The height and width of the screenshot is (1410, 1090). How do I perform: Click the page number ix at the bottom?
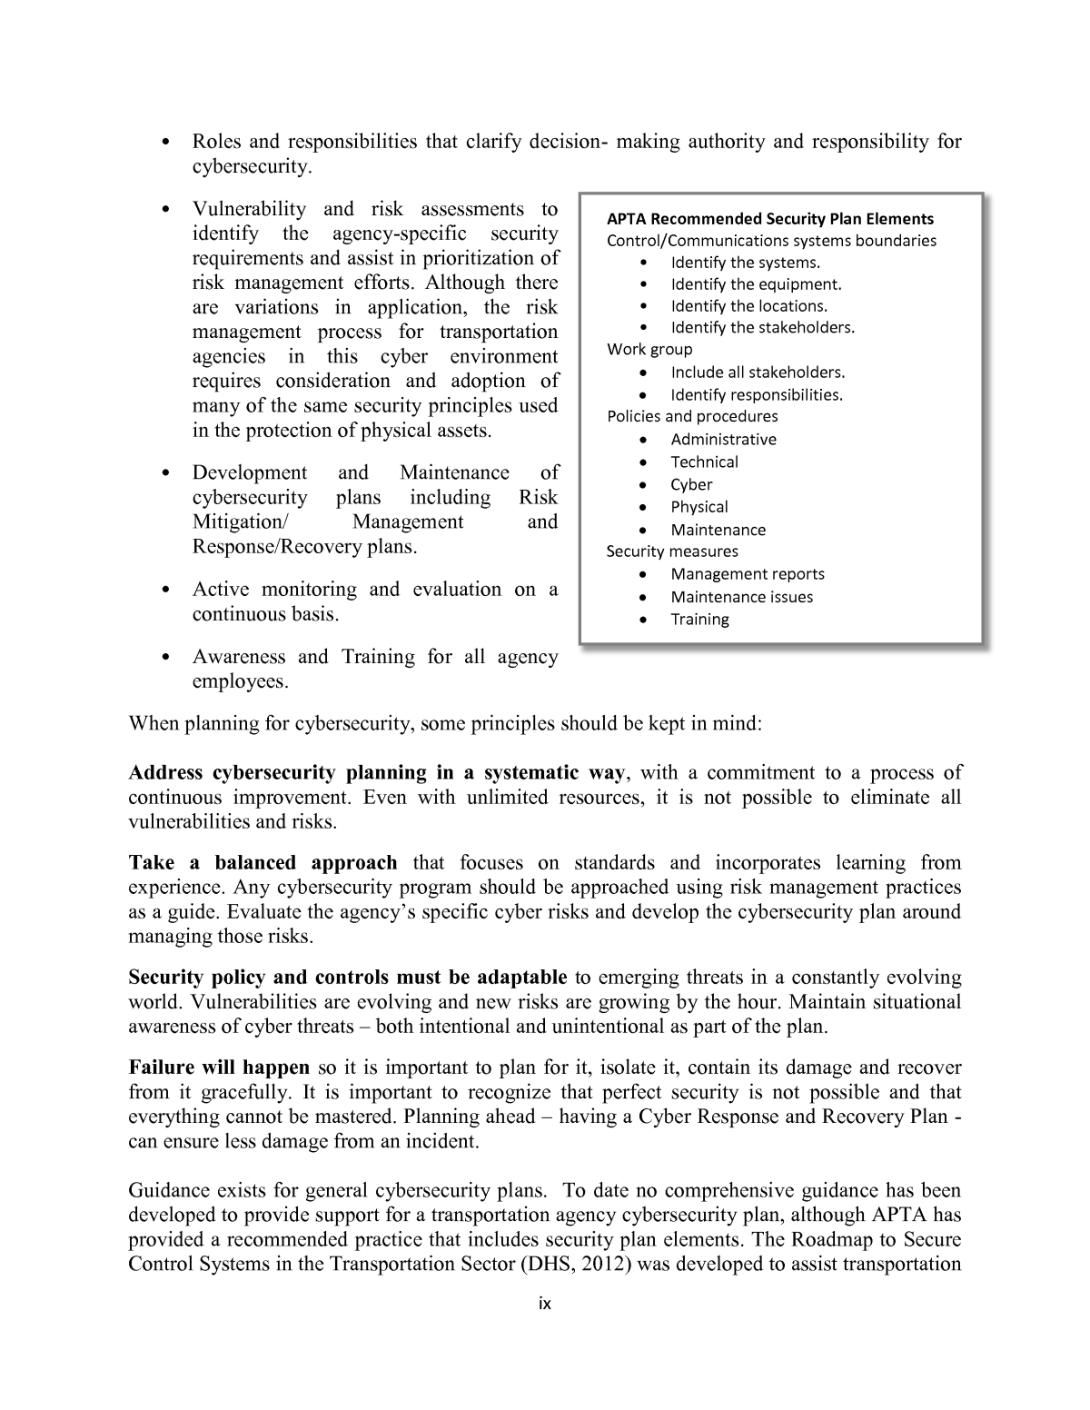(x=545, y=1304)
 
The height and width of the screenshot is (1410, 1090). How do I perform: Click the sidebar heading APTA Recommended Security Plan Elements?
(x=769, y=219)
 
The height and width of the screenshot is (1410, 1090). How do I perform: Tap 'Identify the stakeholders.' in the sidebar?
(x=762, y=328)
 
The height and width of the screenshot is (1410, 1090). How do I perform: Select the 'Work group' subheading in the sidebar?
(x=649, y=350)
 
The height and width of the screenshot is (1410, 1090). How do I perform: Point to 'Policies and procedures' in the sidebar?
(x=692, y=416)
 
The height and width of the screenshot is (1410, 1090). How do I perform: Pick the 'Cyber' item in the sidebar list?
(x=691, y=484)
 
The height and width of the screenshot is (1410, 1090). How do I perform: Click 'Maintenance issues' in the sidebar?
(x=741, y=597)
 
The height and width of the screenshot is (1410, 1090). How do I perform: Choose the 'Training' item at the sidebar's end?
(x=699, y=620)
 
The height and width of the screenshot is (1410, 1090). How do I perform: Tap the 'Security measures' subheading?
(x=672, y=551)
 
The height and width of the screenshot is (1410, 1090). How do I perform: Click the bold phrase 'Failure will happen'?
(x=219, y=1067)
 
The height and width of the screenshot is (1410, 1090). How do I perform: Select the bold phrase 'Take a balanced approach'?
(x=263, y=863)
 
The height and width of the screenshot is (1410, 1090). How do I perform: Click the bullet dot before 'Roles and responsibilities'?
(x=164, y=144)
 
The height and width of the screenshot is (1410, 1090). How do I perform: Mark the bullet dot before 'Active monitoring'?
(x=164, y=591)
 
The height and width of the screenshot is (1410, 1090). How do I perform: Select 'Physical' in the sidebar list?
(x=699, y=507)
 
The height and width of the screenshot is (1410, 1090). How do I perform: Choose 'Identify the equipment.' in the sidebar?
(x=756, y=284)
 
